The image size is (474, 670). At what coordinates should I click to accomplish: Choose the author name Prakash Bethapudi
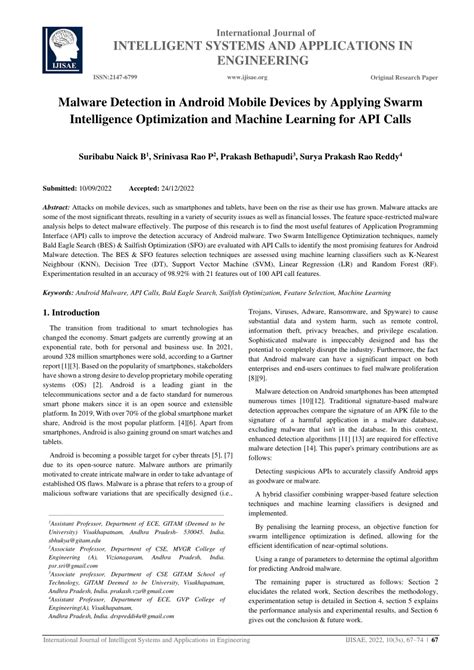point(259,157)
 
